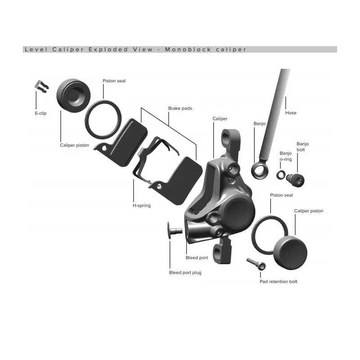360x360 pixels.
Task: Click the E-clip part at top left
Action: coord(42,86)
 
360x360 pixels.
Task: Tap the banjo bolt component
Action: coord(295,180)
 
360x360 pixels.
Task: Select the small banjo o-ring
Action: coord(281,175)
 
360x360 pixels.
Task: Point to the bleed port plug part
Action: coord(175,230)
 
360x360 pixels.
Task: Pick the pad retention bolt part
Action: coord(256,264)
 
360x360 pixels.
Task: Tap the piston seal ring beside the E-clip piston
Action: coord(103,120)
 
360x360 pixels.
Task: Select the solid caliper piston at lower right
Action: coord(290,253)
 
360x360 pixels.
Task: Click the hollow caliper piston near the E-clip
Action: coord(73,95)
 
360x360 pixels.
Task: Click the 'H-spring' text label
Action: coord(142,206)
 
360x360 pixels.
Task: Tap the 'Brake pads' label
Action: coord(180,108)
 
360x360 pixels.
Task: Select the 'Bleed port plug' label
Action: coord(185,273)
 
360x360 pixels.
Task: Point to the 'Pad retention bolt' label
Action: coord(278,282)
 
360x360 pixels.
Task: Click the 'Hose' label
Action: coord(291,113)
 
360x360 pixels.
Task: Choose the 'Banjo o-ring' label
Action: coord(286,156)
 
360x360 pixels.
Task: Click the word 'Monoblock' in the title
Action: coord(188,49)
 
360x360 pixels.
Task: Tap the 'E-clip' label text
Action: coord(40,113)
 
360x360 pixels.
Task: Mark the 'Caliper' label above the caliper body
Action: coord(220,119)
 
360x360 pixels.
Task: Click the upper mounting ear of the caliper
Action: coord(231,139)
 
